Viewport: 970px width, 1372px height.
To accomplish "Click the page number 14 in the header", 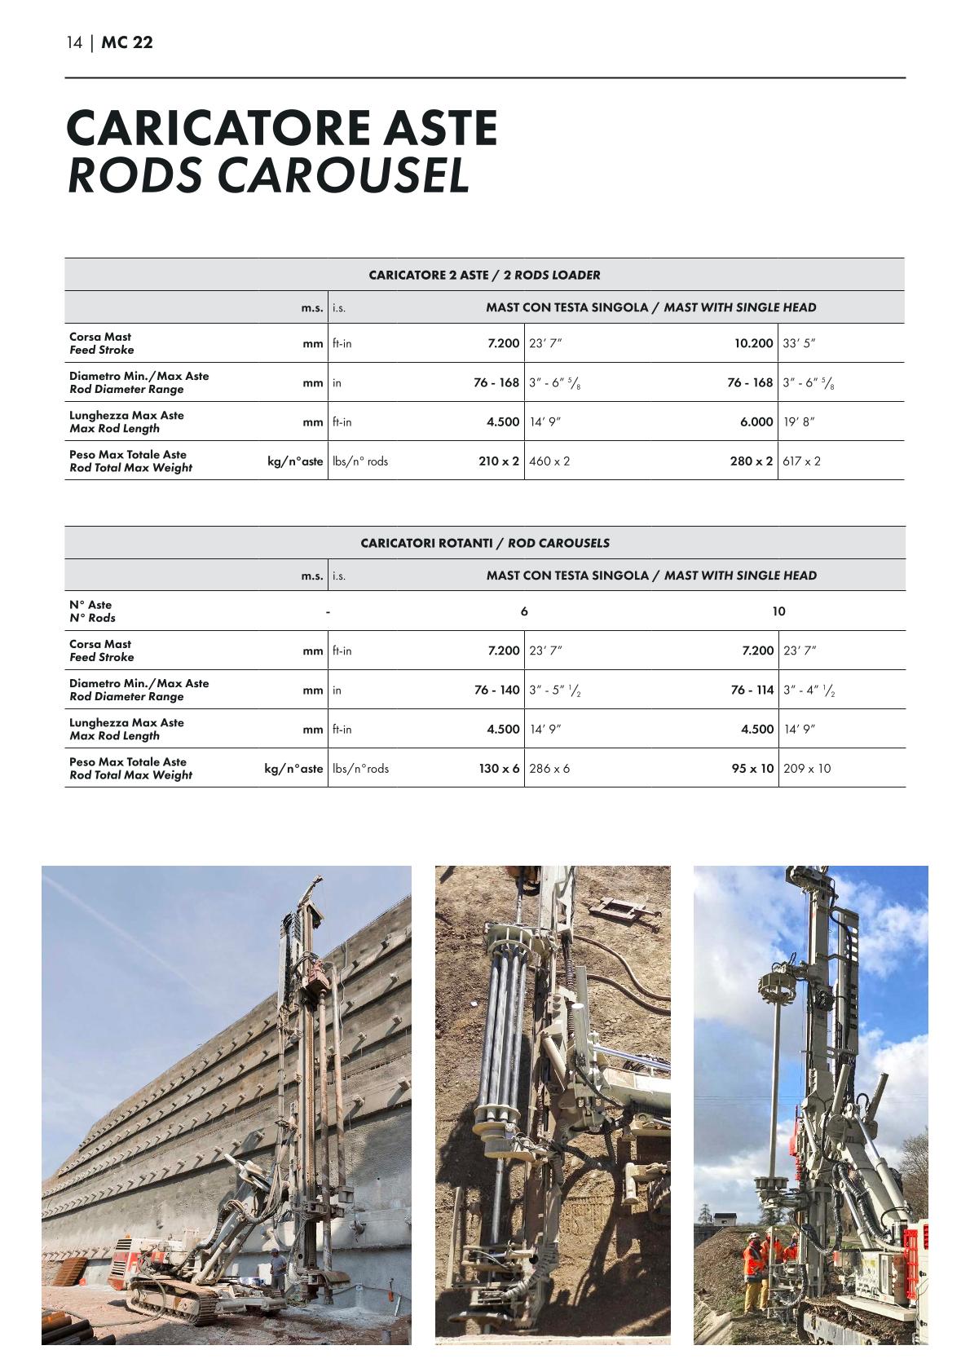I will (x=74, y=43).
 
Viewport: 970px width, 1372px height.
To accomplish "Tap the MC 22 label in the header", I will (x=127, y=43).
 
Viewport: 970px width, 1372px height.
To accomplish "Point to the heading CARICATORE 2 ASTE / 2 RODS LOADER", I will (x=484, y=275).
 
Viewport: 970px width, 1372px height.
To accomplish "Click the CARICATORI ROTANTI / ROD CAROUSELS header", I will (x=485, y=543).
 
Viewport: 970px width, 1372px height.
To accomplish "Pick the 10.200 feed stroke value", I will (x=753, y=343).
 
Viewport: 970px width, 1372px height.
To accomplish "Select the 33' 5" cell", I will (x=799, y=343).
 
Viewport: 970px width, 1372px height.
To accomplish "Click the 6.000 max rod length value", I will (x=756, y=421).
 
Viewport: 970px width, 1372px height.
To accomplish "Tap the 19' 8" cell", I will (x=799, y=421).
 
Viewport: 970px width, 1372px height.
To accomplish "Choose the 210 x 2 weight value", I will (x=499, y=461).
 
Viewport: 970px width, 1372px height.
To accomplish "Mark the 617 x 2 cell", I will (x=801, y=461).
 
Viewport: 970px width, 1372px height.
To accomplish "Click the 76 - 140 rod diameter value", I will (x=497, y=690).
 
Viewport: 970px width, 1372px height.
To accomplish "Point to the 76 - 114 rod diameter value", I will (x=752, y=690).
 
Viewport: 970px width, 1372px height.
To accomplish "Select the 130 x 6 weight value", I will (x=499, y=768).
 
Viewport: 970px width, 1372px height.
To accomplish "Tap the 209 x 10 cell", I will (x=807, y=768).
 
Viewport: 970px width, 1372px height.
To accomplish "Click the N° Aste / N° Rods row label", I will (x=92, y=611).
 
